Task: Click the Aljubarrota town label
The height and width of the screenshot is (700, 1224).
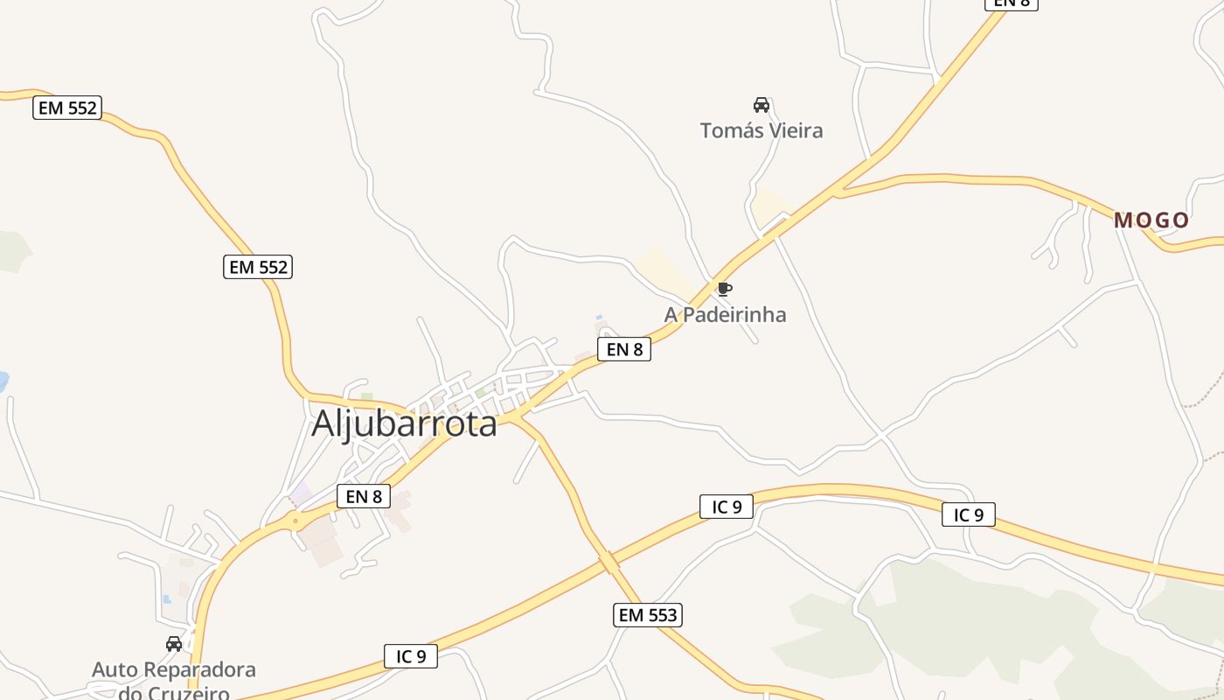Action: [404, 423]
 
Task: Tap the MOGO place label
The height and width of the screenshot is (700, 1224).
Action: [1151, 220]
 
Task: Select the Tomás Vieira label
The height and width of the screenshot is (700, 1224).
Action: [762, 131]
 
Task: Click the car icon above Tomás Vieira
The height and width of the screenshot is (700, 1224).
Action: [762, 105]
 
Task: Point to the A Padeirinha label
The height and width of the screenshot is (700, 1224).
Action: [725, 315]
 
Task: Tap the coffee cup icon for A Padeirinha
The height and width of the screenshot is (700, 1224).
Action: [724, 289]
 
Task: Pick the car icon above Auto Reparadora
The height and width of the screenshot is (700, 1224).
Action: [174, 644]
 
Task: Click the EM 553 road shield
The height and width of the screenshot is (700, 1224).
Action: [647, 615]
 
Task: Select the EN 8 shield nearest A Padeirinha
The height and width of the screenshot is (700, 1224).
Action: [624, 349]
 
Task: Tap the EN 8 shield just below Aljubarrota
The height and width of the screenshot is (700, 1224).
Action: [364, 496]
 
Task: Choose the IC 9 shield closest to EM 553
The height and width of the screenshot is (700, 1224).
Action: [727, 506]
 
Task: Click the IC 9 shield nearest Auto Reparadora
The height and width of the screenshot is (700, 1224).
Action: [411, 656]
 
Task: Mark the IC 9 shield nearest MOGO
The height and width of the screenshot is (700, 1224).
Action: [969, 514]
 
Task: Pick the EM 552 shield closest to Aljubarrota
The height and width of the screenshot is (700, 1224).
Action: [258, 267]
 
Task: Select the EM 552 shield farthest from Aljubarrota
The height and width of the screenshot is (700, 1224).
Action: [67, 108]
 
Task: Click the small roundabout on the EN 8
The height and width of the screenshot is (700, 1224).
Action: [296, 521]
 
